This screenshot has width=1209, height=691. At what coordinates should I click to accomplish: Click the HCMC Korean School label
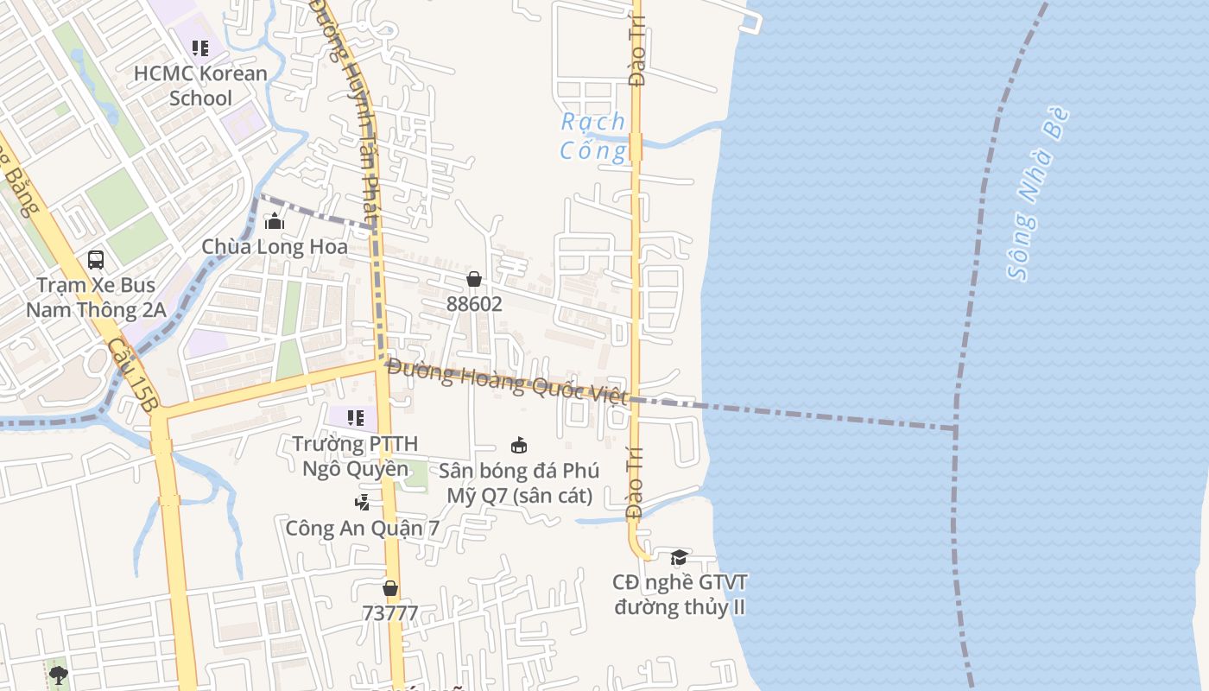[200, 86]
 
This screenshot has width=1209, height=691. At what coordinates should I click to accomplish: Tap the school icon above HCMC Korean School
[200, 48]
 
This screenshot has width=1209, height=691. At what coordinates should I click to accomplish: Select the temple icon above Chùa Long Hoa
[275, 221]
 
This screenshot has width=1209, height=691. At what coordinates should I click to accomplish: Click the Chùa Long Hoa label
[275, 247]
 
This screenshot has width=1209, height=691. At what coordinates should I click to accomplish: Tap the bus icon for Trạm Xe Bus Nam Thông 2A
[96, 259]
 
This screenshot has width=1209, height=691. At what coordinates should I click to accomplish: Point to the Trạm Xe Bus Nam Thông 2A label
[96, 297]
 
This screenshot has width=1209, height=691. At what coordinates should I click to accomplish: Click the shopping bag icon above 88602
[474, 279]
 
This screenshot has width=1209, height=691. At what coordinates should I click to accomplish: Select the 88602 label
[474, 304]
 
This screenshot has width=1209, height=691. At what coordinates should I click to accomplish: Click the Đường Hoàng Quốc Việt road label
[506, 381]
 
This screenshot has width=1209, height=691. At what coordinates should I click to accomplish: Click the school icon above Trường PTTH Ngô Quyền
[355, 418]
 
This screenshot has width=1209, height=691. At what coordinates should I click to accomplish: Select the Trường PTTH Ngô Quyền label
[355, 456]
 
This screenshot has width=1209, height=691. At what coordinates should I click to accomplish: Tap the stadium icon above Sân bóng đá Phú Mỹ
[519, 446]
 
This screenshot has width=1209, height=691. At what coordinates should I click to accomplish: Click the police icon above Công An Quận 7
[363, 502]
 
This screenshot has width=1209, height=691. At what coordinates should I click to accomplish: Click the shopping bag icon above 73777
[390, 588]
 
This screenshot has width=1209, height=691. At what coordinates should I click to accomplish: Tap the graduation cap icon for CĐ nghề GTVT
[679, 557]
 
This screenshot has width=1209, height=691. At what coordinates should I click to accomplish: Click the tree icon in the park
[58, 674]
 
